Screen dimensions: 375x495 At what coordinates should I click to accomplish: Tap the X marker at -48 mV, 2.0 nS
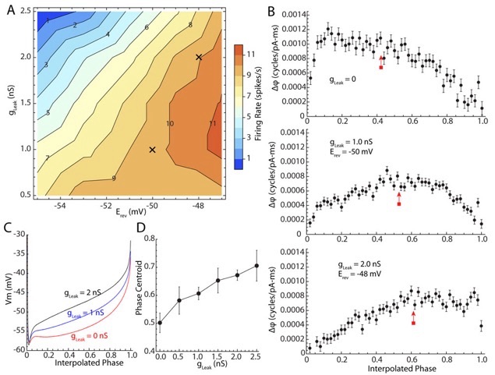click(x=199, y=57)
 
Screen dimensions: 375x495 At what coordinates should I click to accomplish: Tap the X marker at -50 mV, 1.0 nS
click(x=152, y=149)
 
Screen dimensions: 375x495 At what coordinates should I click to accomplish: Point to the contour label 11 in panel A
click(x=213, y=123)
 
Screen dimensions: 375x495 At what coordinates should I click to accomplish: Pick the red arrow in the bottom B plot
click(x=413, y=316)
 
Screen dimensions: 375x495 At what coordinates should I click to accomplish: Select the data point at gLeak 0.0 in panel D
click(x=160, y=322)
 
